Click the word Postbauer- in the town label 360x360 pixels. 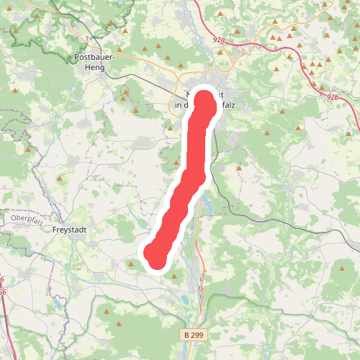[x=92, y=56]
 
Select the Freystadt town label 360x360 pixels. [x=71, y=230]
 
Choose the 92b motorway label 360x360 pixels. [x=332, y=96]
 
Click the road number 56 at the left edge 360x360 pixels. [x=2, y=292]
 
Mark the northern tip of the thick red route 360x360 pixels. [x=204, y=102]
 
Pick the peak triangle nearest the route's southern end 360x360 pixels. [x=131, y=264]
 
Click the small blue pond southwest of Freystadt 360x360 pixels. [x=56, y=305]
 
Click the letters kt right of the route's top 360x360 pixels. [x=212, y=94]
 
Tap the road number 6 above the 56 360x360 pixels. [x=2, y=279]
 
